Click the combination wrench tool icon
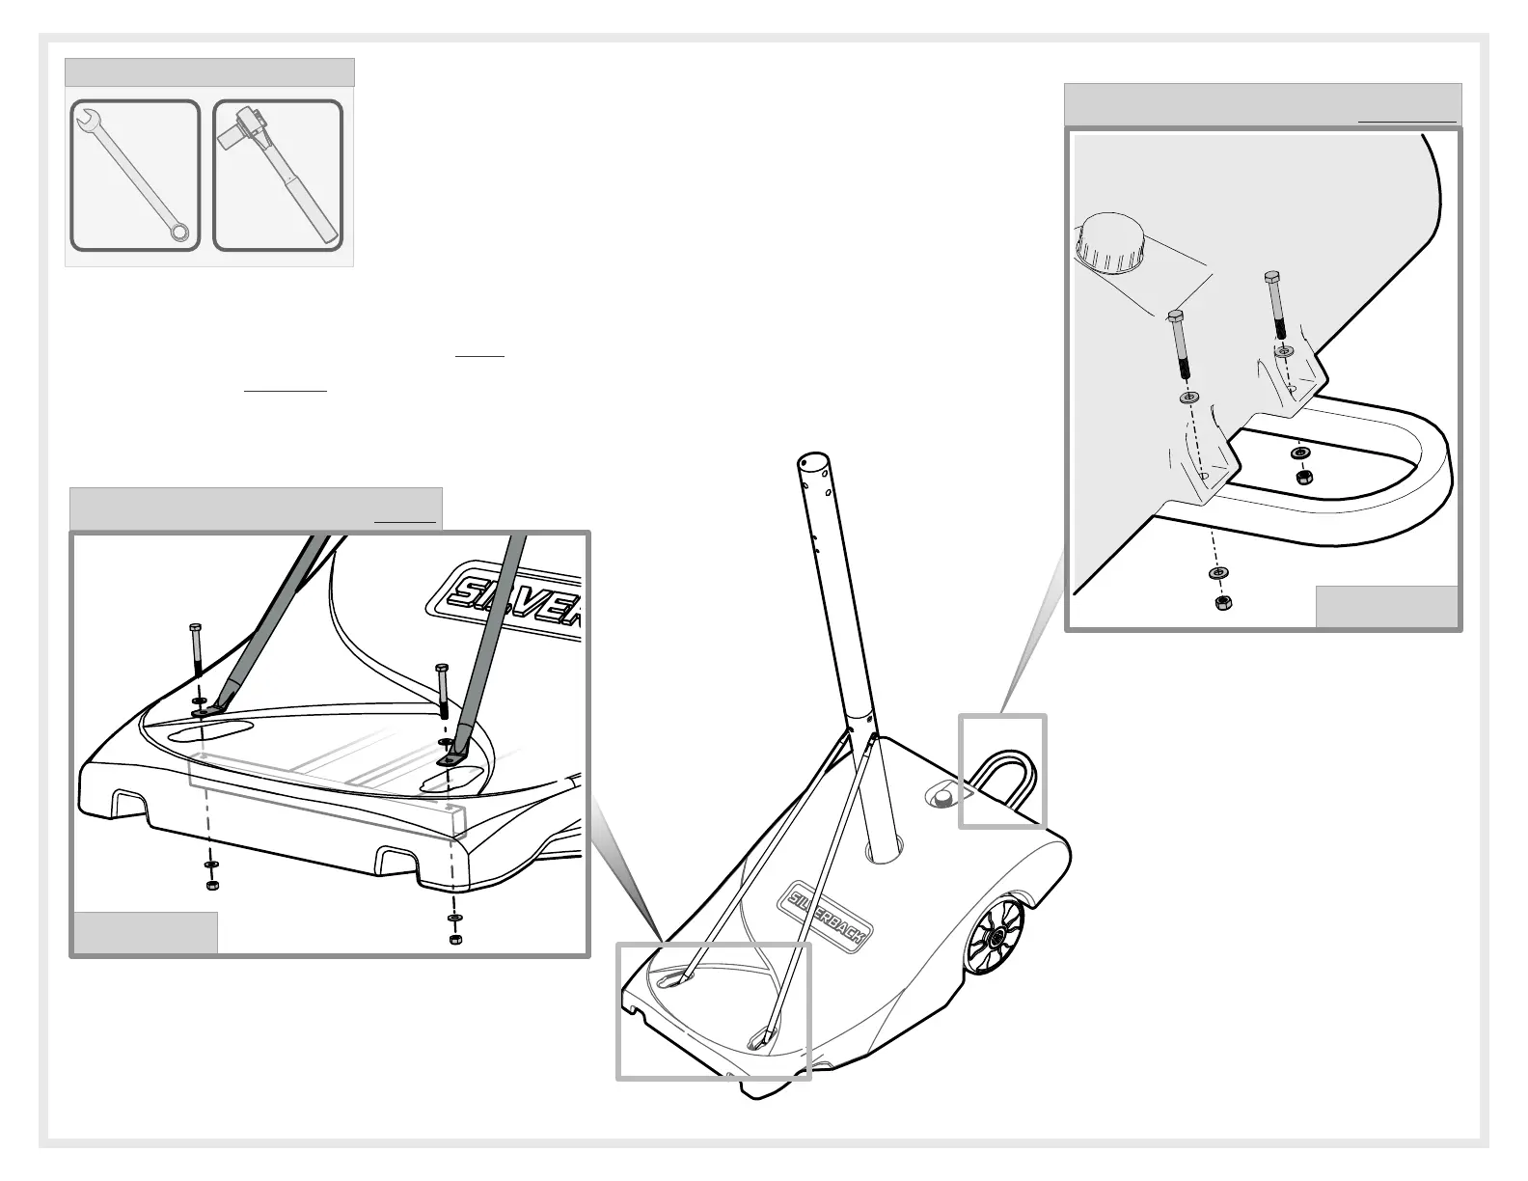pos(135,176)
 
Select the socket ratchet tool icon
pos(278,176)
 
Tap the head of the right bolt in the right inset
pos(1272,278)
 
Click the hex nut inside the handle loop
pos(1300,477)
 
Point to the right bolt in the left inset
pos(443,691)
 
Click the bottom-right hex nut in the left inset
pos(455,939)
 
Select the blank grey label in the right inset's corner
pos(1386,607)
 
